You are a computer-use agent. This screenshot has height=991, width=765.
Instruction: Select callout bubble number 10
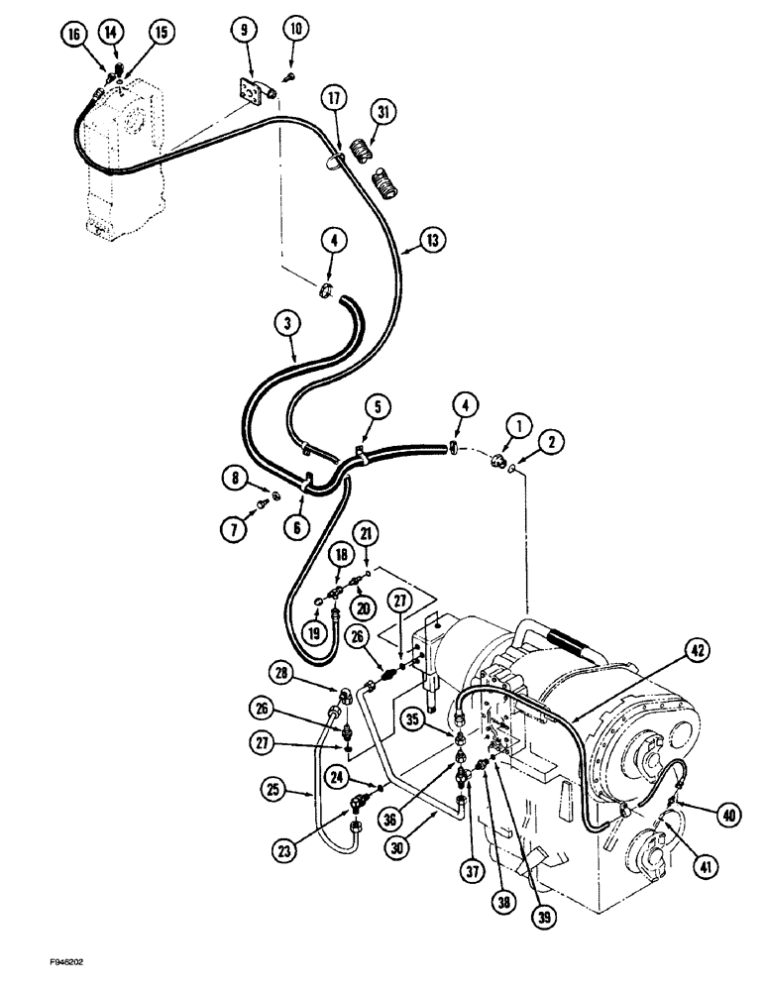click(295, 31)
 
